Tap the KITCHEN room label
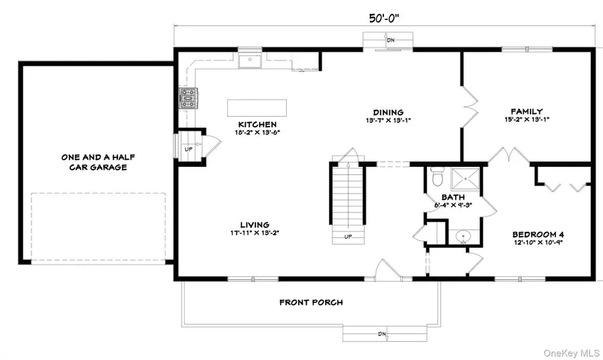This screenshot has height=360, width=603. click(x=257, y=125)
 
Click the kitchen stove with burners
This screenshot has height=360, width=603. click(x=187, y=100)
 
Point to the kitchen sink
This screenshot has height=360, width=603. click(x=251, y=62)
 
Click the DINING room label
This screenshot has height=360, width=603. click(x=388, y=112)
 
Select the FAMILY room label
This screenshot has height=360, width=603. click(x=526, y=111)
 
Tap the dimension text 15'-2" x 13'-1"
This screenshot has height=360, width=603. click(x=526, y=120)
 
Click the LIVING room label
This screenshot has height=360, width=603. click(x=255, y=225)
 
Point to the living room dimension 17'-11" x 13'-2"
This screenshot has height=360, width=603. click(x=255, y=233)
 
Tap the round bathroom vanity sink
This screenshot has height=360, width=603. click(x=462, y=237)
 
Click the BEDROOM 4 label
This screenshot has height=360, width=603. click(x=542, y=234)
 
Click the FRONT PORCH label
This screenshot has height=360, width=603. click(x=311, y=302)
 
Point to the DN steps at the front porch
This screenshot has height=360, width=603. click(x=384, y=333)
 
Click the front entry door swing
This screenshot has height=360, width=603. click(x=385, y=269)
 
